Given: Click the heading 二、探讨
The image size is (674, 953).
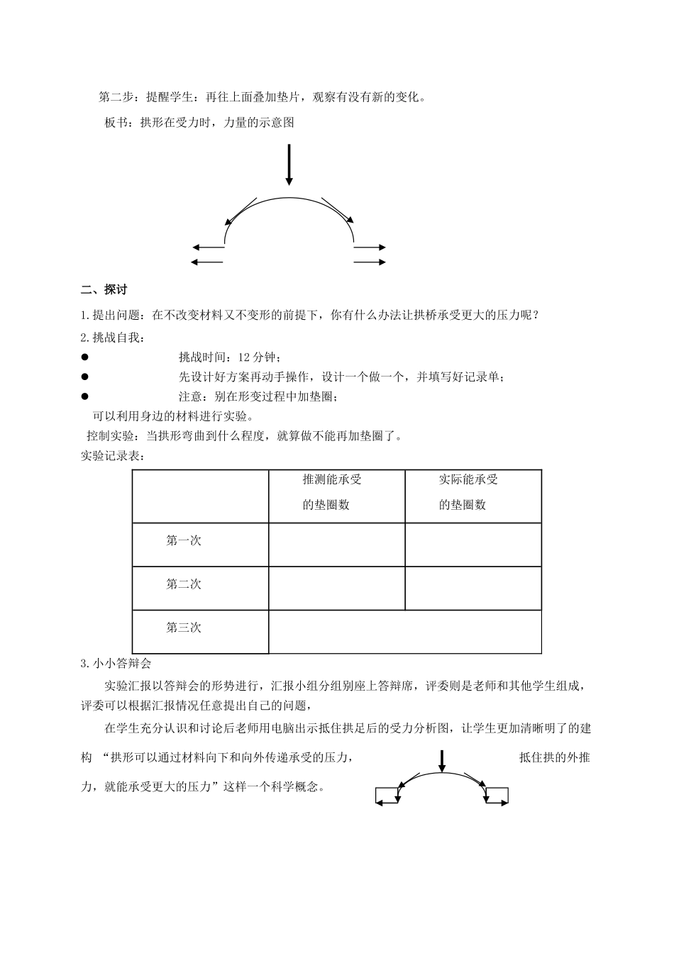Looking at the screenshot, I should (x=104, y=289).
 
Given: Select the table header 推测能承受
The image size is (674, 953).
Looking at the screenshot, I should (x=332, y=479).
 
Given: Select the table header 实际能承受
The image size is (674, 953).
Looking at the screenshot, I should (x=468, y=479).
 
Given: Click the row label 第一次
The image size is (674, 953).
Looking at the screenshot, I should (x=184, y=540).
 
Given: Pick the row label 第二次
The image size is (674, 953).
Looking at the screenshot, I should (x=184, y=584).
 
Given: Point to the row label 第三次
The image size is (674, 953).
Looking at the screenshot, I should (x=184, y=628).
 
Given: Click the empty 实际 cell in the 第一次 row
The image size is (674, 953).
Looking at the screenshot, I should (x=473, y=545).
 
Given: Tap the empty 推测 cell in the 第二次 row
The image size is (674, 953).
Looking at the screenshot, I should (x=336, y=588).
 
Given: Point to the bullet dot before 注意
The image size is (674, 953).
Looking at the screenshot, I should (x=84, y=396).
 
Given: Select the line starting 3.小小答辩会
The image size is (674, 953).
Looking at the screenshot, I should (x=116, y=664).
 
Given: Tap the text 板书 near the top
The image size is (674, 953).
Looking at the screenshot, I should (x=117, y=123).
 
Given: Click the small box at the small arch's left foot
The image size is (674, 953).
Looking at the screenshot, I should (x=387, y=796).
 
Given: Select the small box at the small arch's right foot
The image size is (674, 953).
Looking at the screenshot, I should (x=497, y=796).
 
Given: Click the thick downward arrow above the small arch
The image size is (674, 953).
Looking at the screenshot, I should (x=442, y=761).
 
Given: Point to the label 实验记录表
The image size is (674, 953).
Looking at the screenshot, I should (x=114, y=456).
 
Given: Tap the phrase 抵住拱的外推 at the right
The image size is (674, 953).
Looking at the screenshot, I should (x=554, y=758).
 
